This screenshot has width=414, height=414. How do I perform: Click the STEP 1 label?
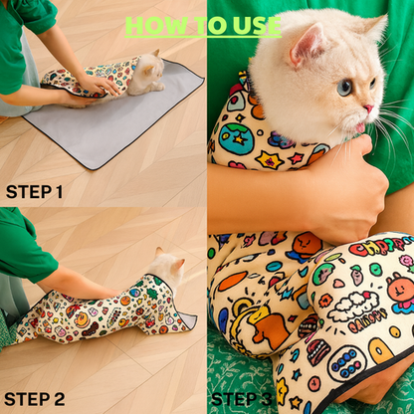[x=34, y=190]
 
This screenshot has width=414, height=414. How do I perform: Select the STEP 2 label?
[x=35, y=399]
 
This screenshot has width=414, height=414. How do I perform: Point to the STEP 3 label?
[x=242, y=399]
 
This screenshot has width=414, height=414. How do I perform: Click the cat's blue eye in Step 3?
[x=344, y=88]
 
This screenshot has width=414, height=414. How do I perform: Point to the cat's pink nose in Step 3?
[x=370, y=107]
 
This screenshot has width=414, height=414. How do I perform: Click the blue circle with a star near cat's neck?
[x=236, y=138]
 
